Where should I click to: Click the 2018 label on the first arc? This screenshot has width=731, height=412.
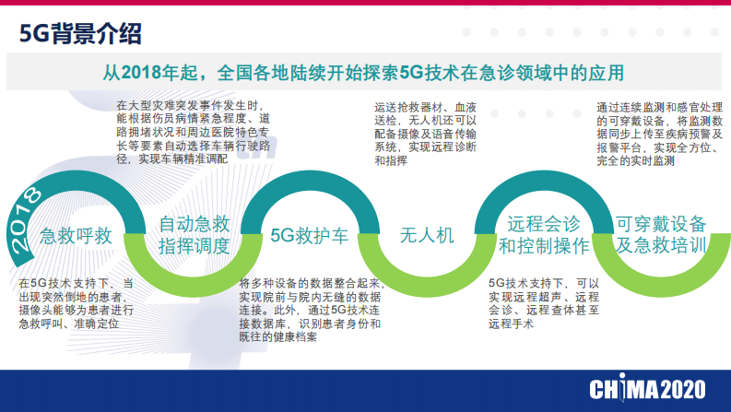tap(26, 218)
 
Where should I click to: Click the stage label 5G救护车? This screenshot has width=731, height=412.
tap(310, 235)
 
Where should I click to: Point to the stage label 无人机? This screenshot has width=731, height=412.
tap(427, 235)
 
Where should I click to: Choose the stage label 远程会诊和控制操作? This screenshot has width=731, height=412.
tap(543, 235)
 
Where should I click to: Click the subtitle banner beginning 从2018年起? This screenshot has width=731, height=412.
tap(364, 72)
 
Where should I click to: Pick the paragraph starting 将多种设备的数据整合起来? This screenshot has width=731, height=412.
tap(310, 311)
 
